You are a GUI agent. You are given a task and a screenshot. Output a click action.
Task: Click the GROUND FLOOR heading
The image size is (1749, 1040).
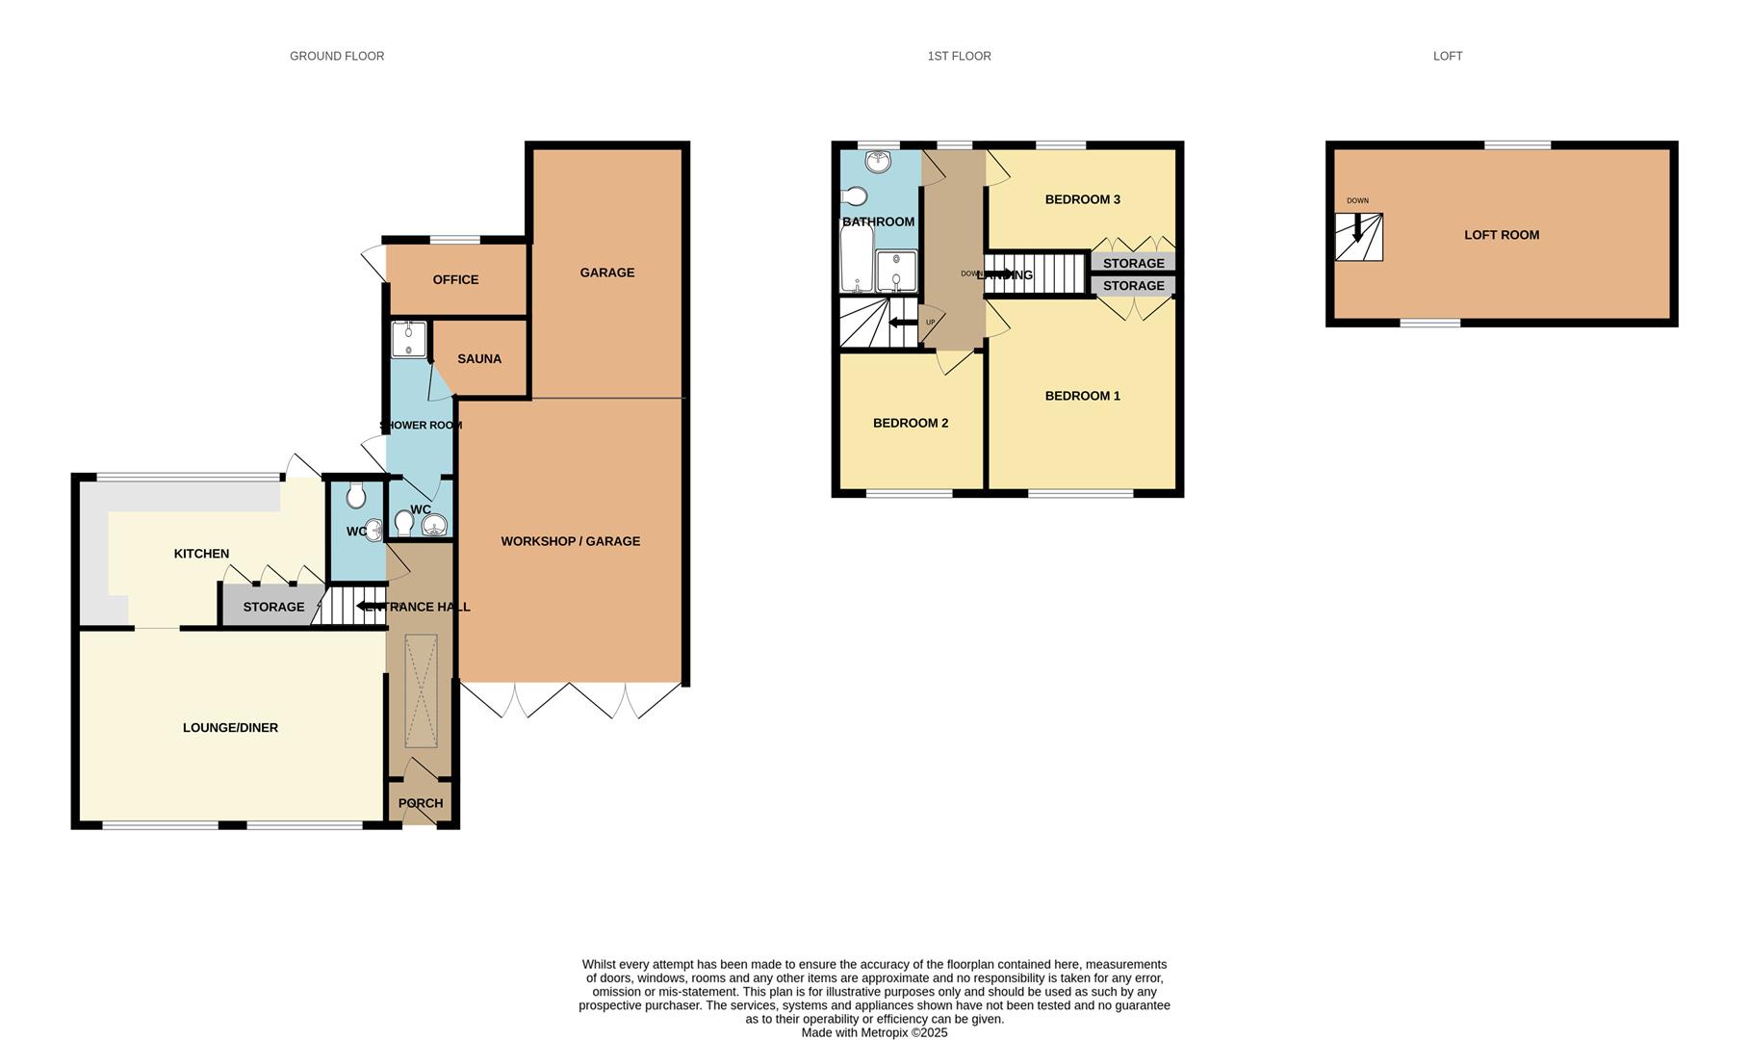337,56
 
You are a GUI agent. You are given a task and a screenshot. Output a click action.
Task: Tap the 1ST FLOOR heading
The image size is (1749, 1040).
959,56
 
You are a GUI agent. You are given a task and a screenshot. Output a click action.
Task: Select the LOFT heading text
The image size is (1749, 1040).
1447,56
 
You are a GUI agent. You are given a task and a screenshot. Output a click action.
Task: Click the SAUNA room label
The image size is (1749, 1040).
478,358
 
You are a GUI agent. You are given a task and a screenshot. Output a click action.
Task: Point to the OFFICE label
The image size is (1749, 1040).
455,279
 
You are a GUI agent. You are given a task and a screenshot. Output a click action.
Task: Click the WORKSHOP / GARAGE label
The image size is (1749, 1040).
570,541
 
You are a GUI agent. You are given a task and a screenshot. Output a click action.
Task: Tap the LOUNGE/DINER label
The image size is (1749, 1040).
230,727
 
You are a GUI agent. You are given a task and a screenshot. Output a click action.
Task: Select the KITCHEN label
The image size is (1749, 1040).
201,553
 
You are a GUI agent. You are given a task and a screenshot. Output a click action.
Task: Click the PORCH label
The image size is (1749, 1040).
421,803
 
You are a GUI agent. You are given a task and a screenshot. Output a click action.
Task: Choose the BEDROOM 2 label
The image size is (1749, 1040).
911,423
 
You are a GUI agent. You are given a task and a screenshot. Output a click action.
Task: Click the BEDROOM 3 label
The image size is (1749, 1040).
1082,199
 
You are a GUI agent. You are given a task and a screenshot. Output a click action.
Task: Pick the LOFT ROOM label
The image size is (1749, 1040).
1501,234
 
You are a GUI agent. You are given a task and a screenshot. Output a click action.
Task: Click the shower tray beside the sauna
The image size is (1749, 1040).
409,339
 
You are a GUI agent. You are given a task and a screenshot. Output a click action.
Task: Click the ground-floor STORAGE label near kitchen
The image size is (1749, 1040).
273,607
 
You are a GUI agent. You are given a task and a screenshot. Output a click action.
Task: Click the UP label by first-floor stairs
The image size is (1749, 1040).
930,323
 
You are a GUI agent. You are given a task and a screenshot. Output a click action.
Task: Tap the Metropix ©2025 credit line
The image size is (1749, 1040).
874,1032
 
